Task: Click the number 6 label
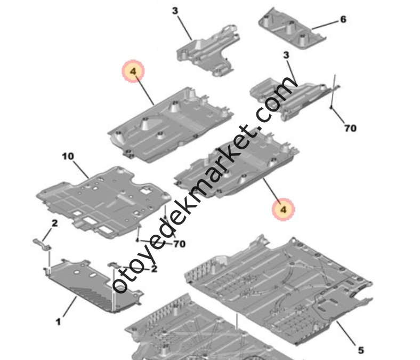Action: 343,19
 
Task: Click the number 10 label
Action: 68,156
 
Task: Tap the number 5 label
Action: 361,350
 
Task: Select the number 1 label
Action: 58,322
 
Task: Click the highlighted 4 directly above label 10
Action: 133,71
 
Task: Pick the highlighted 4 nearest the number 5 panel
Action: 284,210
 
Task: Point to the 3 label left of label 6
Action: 175,11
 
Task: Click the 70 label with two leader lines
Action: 179,244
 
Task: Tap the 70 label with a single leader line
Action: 350,128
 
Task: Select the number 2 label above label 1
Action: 54,223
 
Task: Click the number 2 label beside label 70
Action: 154,269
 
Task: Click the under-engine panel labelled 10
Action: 103,202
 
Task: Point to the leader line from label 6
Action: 325,25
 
